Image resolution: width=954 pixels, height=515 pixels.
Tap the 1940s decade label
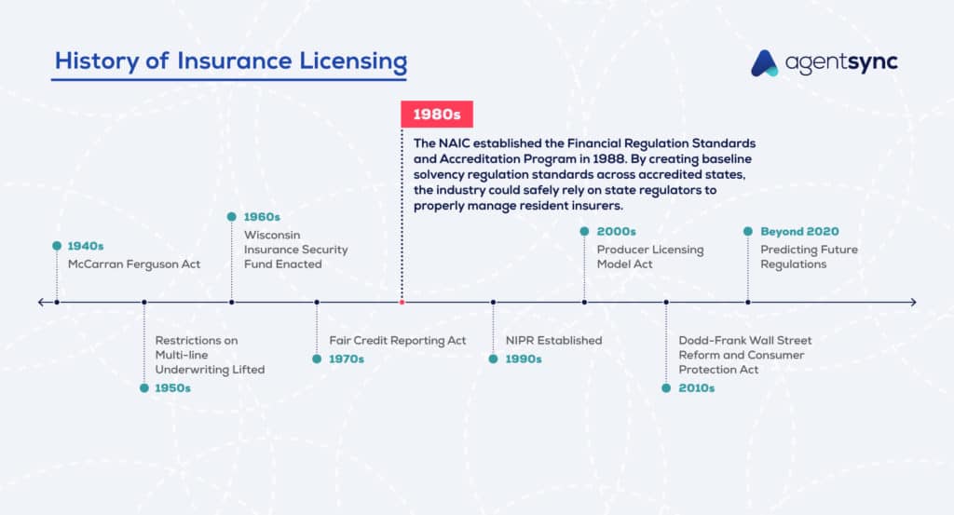coord(85,247)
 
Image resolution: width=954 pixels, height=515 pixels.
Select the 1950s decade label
coord(172,387)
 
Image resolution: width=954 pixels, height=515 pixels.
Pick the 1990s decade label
coord(523,359)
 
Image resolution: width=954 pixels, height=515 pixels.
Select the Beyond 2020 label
coord(799,231)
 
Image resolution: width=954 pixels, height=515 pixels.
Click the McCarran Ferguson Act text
coord(133,264)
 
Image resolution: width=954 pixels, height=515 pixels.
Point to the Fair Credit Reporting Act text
coord(398,341)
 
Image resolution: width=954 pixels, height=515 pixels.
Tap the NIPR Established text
coord(553,341)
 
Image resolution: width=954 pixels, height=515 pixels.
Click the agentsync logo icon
coord(765,62)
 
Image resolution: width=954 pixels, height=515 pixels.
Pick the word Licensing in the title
coord(348,61)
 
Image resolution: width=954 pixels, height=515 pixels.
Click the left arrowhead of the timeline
coord(41,302)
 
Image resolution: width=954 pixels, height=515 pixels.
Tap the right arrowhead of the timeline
coord(913,302)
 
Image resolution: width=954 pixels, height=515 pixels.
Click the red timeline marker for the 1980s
coord(402,302)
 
